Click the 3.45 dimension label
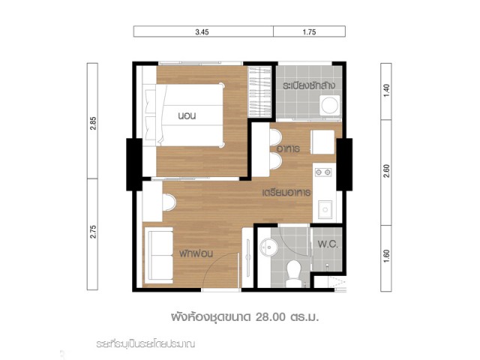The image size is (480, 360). pyautogui.click(x=202, y=32)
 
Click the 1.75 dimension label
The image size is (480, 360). pyautogui.click(x=309, y=32)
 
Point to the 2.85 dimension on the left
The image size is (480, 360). pyautogui.click(x=93, y=123)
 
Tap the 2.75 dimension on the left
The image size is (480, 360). pyautogui.click(x=93, y=232)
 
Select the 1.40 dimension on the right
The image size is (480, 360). pyautogui.click(x=387, y=91)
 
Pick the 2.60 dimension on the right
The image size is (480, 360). pyautogui.click(x=387, y=171)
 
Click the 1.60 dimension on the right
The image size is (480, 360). pyautogui.click(x=387, y=256)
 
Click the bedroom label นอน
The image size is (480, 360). pyautogui.click(x=187, y=115)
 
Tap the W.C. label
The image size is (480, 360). pyautogui.click(x=328, y=244)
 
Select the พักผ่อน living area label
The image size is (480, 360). pyautogui.click(x=196, y=253)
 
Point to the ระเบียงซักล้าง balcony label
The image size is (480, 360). pyautogui.click(x=308, y=85)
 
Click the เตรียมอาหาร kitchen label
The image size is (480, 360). pyautogui.click(x=286, y=193)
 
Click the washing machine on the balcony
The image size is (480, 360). pyautogui.click(x=330, y=106)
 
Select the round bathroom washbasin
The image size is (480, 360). pyautogui.click(x=268, y=247)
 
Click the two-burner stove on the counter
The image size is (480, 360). pyautogui.click(x=323, y=172)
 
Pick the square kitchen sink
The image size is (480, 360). pyautogui.click(x=325, y=209)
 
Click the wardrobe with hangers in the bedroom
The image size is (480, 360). pyautogui.click(x=259, y=91)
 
